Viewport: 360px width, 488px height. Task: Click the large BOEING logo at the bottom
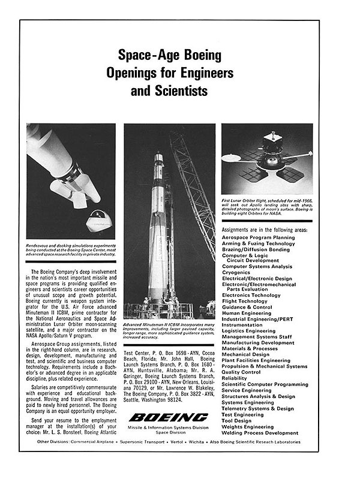[x=169, y=417]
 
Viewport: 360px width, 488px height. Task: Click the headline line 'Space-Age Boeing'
[x=170, y=56]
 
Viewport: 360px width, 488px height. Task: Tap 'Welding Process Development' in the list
[x=260, y=432]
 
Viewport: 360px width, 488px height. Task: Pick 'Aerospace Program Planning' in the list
[x=259, y=237]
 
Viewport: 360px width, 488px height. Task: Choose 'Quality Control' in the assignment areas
[x=243, y=372]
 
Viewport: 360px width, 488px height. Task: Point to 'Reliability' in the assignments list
[x=235, y=378]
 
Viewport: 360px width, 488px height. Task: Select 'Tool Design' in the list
[x=237, y=420]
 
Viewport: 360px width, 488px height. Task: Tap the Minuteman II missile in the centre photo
[x=158, y=228]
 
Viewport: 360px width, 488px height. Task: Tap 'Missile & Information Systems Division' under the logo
[x=169, y=427]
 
